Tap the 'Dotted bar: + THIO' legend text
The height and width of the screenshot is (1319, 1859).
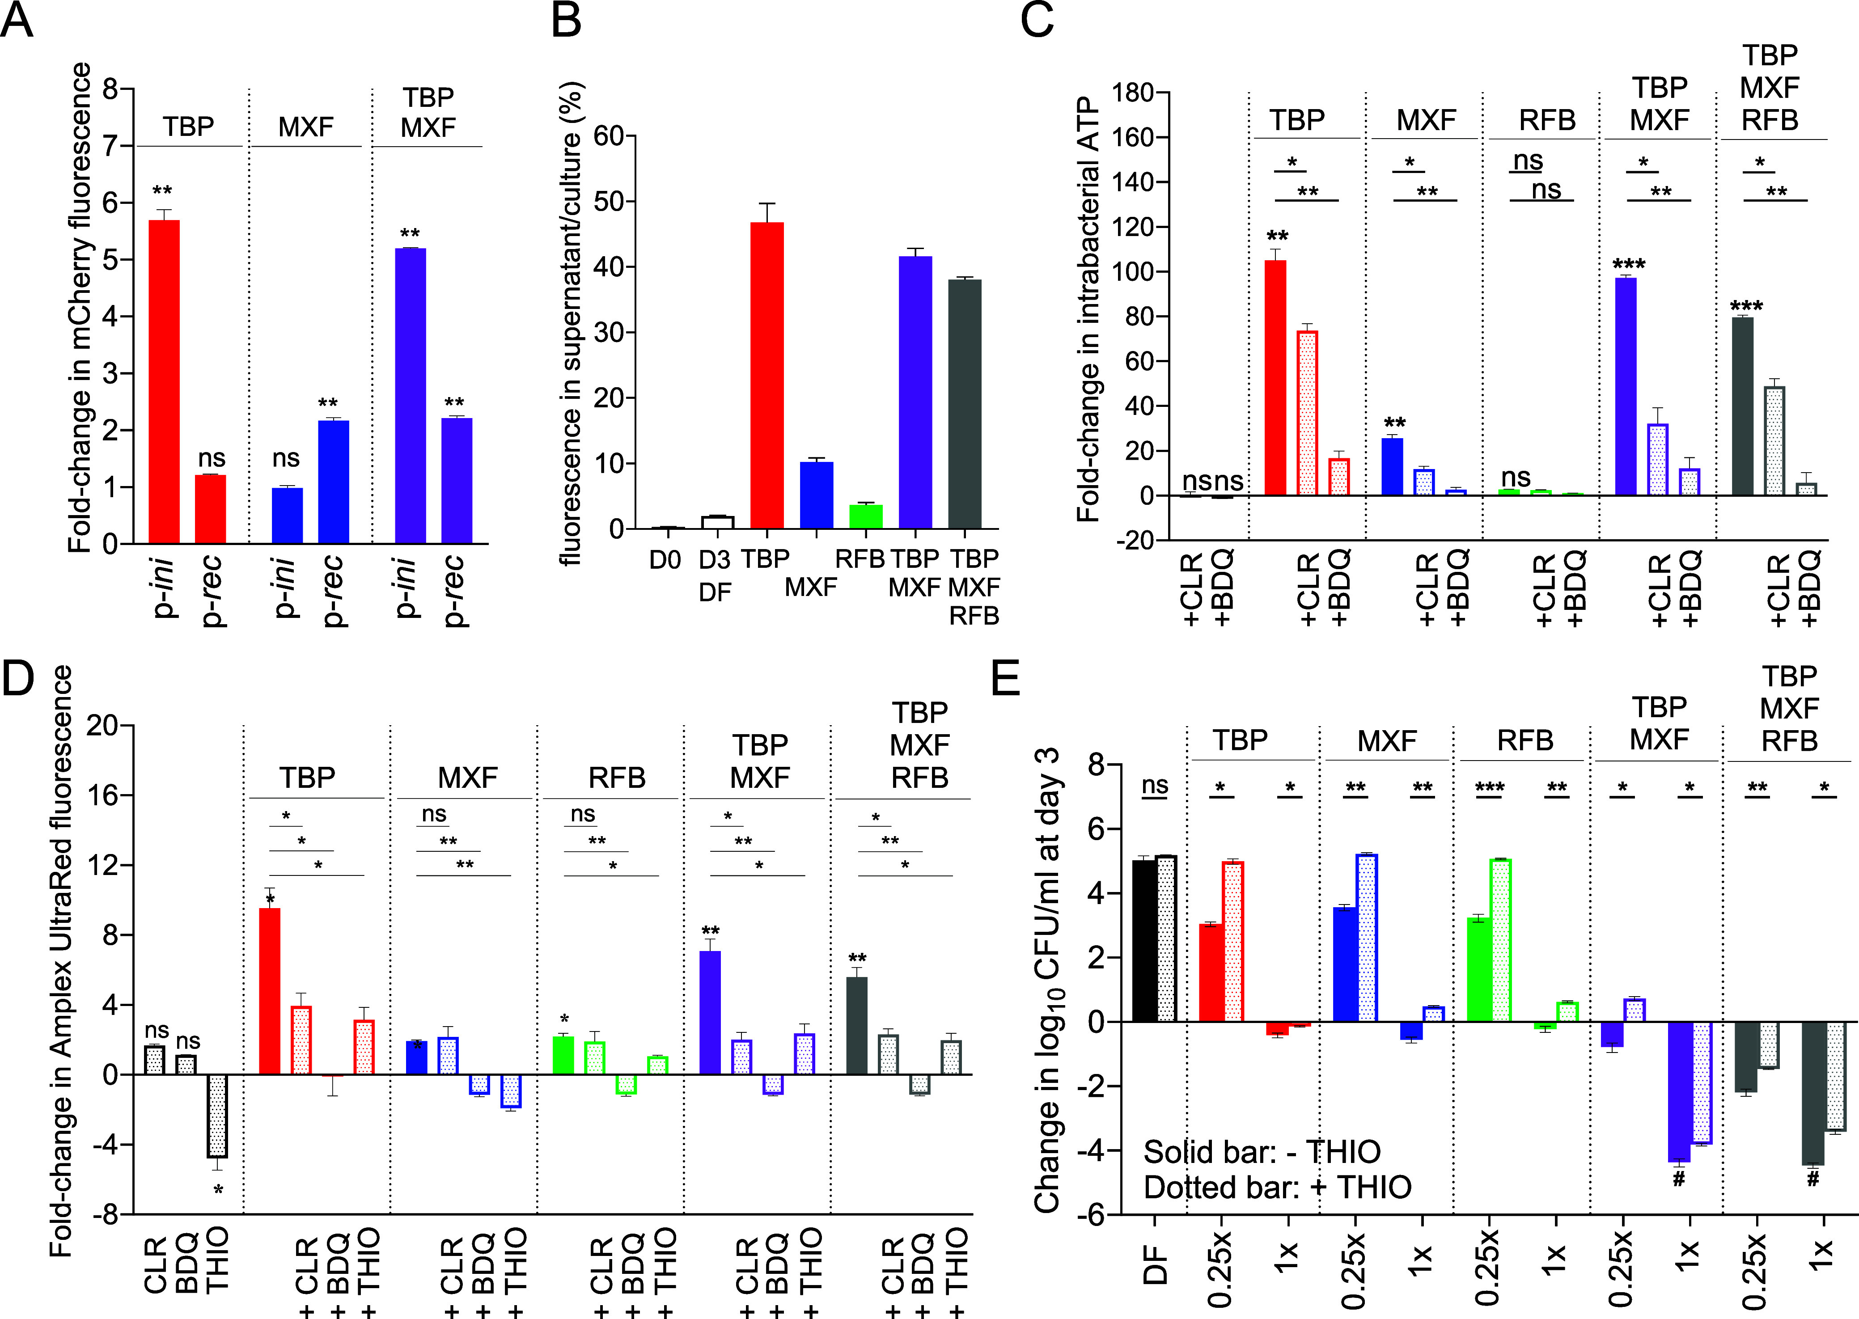coord(1278,1188)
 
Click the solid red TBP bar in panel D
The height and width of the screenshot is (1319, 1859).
coord(269,991)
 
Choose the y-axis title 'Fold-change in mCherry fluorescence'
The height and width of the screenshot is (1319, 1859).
coord(80,309)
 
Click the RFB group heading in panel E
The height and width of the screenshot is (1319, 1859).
coord(1524,741)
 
